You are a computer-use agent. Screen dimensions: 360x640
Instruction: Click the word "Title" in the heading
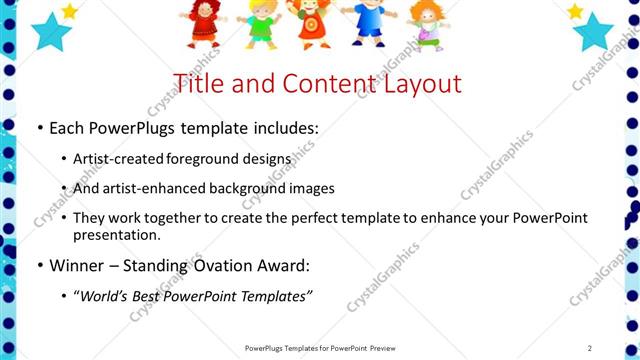click(x=198, y=83)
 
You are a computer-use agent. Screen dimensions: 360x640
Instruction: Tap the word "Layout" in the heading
click(x=419, y=83)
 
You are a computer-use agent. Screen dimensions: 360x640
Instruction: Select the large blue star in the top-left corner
click(x=50, y=31)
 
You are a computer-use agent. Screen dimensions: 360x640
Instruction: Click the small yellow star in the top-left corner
click(x=69, y=11)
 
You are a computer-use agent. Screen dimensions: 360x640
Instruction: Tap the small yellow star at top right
click(x=575, y=11)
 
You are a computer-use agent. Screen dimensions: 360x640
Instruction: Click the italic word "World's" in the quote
click(x=107, y=296)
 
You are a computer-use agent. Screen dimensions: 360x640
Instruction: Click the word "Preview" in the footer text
click(x=387, y=347)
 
